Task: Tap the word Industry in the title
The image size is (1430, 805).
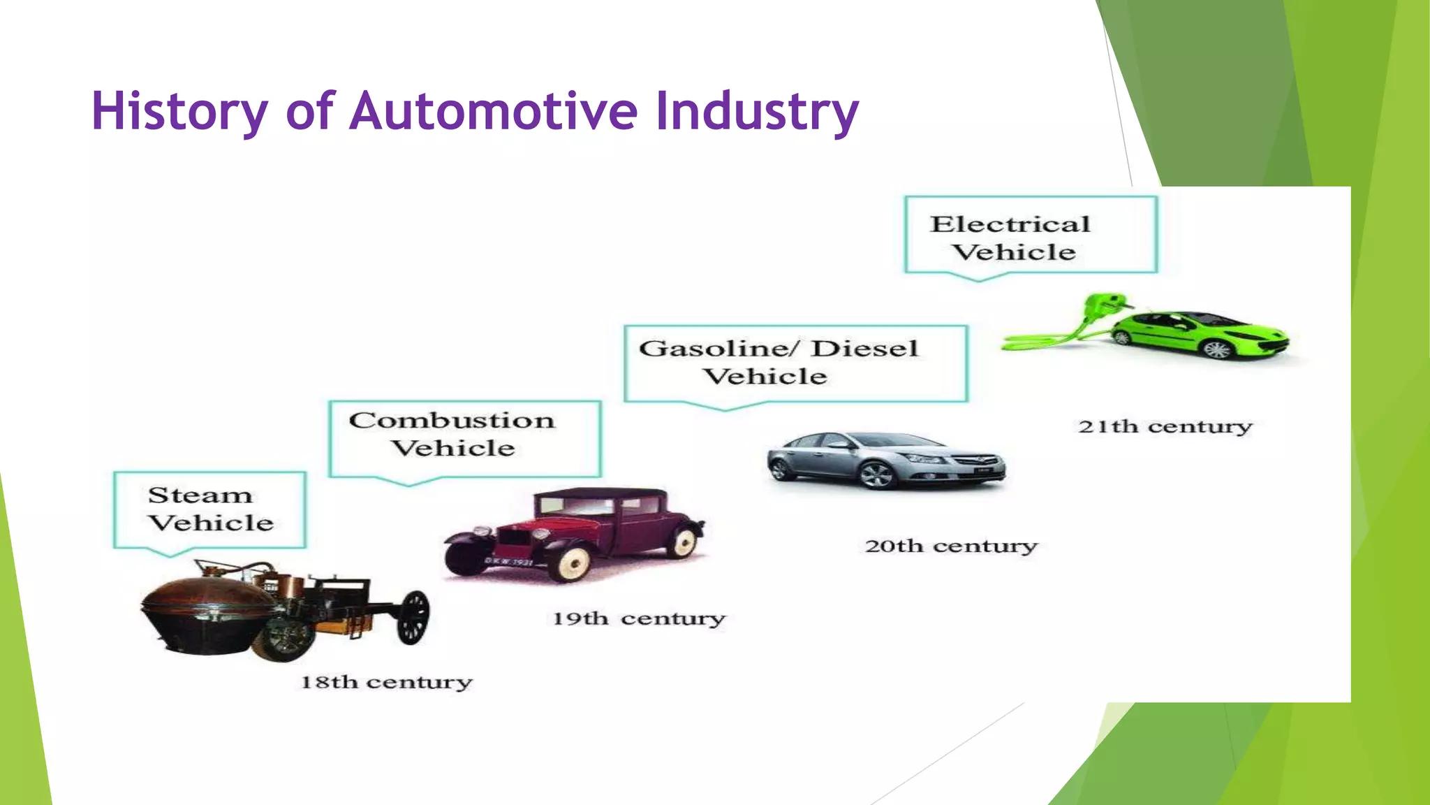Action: coord(757,112)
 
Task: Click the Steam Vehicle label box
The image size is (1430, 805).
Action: coord(209,509)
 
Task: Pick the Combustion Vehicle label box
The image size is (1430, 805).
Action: coord(464,438)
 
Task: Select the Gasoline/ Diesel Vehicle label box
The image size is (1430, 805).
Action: coord(795,363)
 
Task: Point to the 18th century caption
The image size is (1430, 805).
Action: coord(386,682)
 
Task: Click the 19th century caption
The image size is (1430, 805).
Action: coord(639,619)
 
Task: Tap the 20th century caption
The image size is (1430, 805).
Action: coord(951,546)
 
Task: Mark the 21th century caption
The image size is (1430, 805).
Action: coord(1165,426)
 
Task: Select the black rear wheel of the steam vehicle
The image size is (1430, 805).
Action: coord(413,616)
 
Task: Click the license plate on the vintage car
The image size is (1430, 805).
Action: coord(509,562)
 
